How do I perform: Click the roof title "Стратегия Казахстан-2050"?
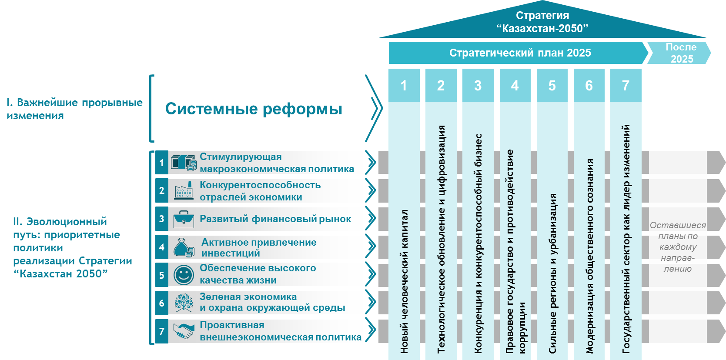[542, 22]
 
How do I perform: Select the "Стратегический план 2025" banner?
[520, 53]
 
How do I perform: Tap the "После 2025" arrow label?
[681, 53]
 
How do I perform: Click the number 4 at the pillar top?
[515, 86]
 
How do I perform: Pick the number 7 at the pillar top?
[626, 86]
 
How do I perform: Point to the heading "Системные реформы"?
[254, 109]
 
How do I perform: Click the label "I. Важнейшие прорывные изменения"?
[74, 109]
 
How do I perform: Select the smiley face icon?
[184, 275]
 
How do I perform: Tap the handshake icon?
[184, 331]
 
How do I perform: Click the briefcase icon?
[184, 219]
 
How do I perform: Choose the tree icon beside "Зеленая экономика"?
[184, 303]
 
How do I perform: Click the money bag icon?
[184, 247]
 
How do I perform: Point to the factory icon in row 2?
[184, 191]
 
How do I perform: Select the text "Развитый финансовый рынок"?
[275, 219]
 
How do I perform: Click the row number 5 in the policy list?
[162, 275]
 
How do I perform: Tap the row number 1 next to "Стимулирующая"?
[162, 163]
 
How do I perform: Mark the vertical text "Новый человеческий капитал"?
[404, 281]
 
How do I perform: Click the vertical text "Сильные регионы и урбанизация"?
[552, 273]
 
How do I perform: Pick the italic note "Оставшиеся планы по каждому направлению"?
[677, 247]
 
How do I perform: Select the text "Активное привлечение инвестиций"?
[259, 247]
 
